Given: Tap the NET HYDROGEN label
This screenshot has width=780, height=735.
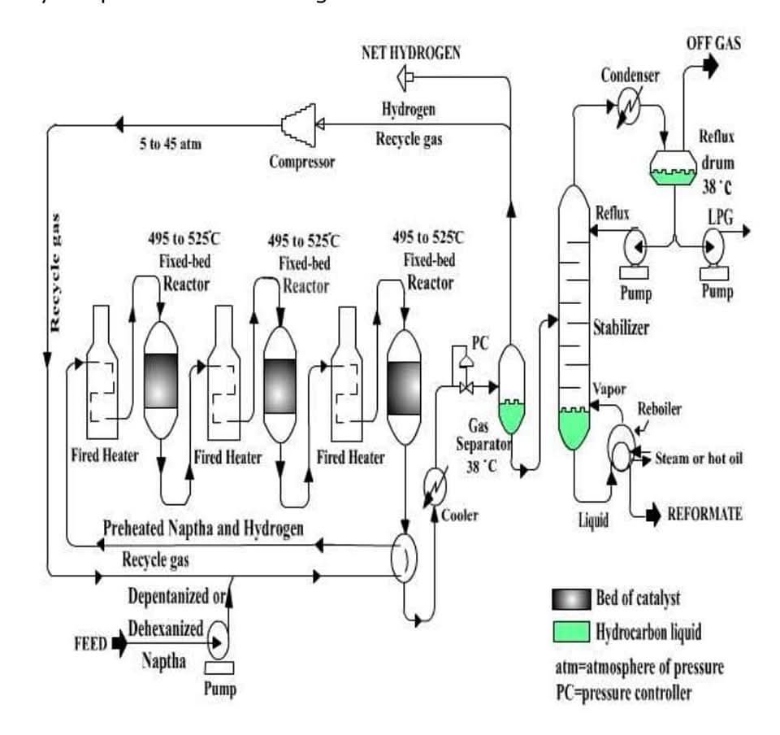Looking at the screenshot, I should (411, 53).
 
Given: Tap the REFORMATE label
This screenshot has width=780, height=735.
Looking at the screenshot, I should (704, 514).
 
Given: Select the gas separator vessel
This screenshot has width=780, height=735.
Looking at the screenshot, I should (512, 389).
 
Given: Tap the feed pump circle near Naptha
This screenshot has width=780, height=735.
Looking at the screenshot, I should (218, 640).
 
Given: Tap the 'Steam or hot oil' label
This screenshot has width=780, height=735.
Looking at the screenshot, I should (698, 459).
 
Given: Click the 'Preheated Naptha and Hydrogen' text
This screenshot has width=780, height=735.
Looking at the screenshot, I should (203, 529).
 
